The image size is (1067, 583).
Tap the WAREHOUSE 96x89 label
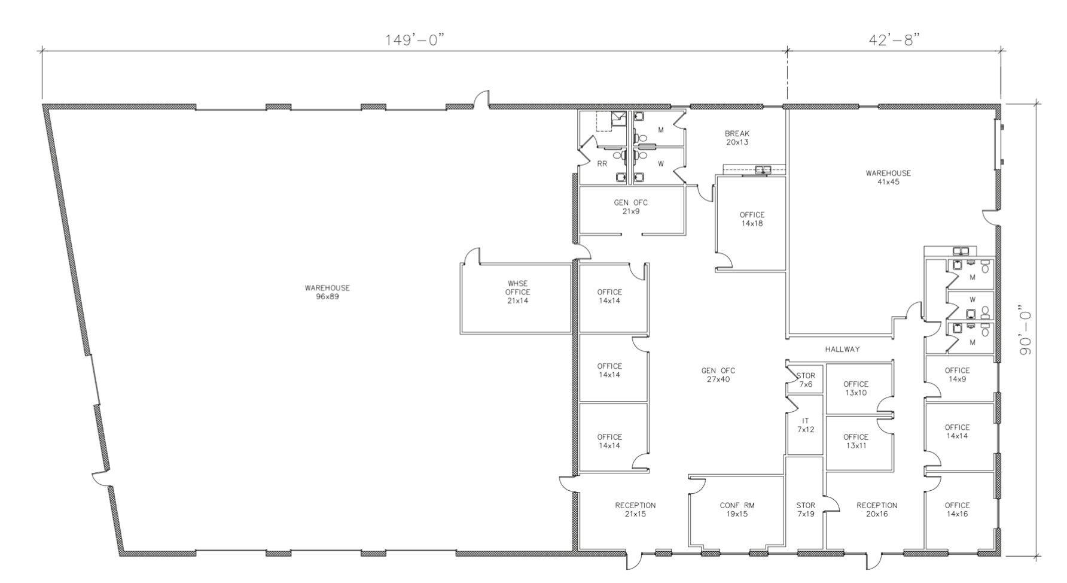[x=327, y=292]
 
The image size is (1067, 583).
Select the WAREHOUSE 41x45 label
[x=888, y=177]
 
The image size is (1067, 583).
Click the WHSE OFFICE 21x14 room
[x=517, y=292]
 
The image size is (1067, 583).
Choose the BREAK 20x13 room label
[x=737, y=138]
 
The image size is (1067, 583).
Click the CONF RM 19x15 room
[x=737, y=509]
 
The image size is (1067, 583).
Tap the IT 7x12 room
[x=805, y=425]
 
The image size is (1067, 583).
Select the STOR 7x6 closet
[x=806, y=380]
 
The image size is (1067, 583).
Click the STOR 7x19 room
[x=805, y=509]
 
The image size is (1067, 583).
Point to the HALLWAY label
[x=842, y=349]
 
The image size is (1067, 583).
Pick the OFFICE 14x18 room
[x=752, y=219]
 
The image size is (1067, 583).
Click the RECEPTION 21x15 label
[x=635, y=509]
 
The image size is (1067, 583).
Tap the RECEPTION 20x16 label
[x=877, y=509]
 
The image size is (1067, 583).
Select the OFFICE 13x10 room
[x=855, y=388]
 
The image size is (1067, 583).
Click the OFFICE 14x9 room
[x=957, y=375]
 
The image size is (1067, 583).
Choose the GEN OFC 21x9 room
[x=630, y=207]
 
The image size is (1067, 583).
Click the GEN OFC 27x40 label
[x=718, y=375]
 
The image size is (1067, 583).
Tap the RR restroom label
[x=602, y=163]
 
